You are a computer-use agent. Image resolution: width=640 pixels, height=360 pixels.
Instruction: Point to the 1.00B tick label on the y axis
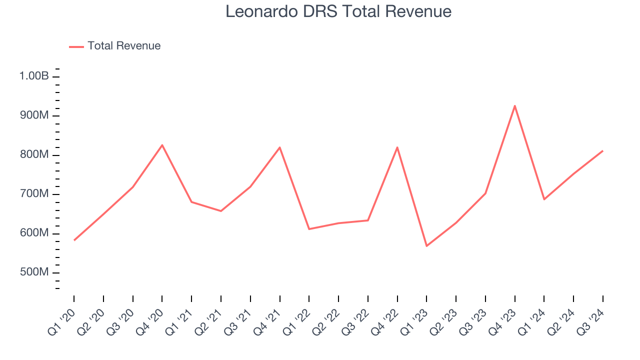tap(34, 76)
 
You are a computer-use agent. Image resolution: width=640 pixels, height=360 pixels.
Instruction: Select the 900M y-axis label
tap(34, 115)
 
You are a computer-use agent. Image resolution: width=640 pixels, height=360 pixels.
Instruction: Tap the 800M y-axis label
tap(34, 155)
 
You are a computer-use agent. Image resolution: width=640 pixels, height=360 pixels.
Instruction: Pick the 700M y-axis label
tap(34, 194)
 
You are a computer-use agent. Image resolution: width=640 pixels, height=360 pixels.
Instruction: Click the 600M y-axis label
tap(34, 233)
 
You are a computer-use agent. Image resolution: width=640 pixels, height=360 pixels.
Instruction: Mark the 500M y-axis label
tap(34, 272)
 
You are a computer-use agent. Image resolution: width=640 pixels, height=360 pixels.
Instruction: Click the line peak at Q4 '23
tap(514, 106)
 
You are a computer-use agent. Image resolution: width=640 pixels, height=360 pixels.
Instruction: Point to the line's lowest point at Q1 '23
tap(426, 246)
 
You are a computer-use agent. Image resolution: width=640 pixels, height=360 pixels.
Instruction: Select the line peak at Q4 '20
tap(162, 145)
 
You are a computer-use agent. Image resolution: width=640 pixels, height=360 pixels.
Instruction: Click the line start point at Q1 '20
tap(74, 240)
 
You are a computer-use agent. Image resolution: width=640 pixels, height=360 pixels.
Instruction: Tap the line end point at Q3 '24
tap(602, 150)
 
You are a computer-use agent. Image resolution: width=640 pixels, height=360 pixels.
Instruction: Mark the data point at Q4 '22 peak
tap(397, 147)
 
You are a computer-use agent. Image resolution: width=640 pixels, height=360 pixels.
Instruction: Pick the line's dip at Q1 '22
tap(309, 229)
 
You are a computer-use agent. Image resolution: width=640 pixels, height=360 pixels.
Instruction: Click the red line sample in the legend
tap(76, 46)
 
